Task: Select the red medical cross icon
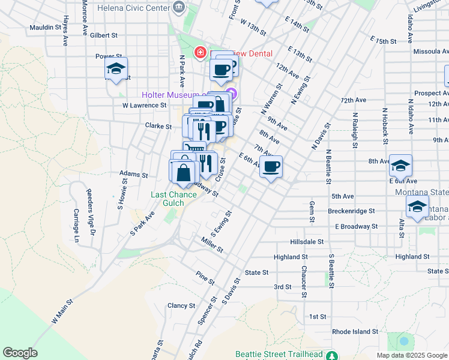click(199, 53)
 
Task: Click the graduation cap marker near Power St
click(116, 68)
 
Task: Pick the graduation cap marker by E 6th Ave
click(400, 166)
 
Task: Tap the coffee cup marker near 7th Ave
click(271, 166)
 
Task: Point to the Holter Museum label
click(169, 95)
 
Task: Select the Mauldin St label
click(45, 28)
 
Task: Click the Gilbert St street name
click(104, 35)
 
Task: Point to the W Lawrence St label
click(144, 105)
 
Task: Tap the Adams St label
click(133, 175)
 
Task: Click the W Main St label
click(62, 312)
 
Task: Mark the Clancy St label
click(182, 305)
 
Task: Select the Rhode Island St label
click(355, 331)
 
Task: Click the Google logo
click(20, 353)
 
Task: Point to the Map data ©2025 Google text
click(411, 355)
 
